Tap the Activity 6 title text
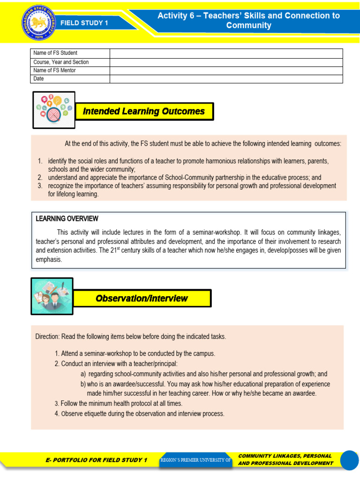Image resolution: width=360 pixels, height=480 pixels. click(248, 20)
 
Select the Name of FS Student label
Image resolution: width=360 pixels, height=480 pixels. click(55, 53)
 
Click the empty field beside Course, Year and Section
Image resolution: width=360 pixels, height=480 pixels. click(226, 62)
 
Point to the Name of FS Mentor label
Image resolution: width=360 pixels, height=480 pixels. click(54, 70)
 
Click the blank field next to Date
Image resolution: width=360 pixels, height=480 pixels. click(226, 79)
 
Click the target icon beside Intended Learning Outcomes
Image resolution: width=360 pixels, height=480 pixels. click(53, 110)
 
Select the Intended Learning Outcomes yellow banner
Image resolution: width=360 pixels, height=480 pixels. click(144, 112)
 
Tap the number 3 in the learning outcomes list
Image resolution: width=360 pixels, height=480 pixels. click(40, 186)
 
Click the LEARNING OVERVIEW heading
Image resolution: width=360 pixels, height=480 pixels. click(67, 218)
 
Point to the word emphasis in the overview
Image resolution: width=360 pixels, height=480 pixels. click(49, 259)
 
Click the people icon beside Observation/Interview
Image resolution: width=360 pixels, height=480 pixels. click(52, 296)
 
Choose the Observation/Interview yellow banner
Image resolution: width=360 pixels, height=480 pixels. click(142, 298)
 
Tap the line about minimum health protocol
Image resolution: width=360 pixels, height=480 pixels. click(118, 403)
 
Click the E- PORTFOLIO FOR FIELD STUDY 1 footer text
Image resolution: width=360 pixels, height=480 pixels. click(96, 460)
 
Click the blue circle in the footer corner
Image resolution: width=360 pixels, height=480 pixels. click(349, 460)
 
